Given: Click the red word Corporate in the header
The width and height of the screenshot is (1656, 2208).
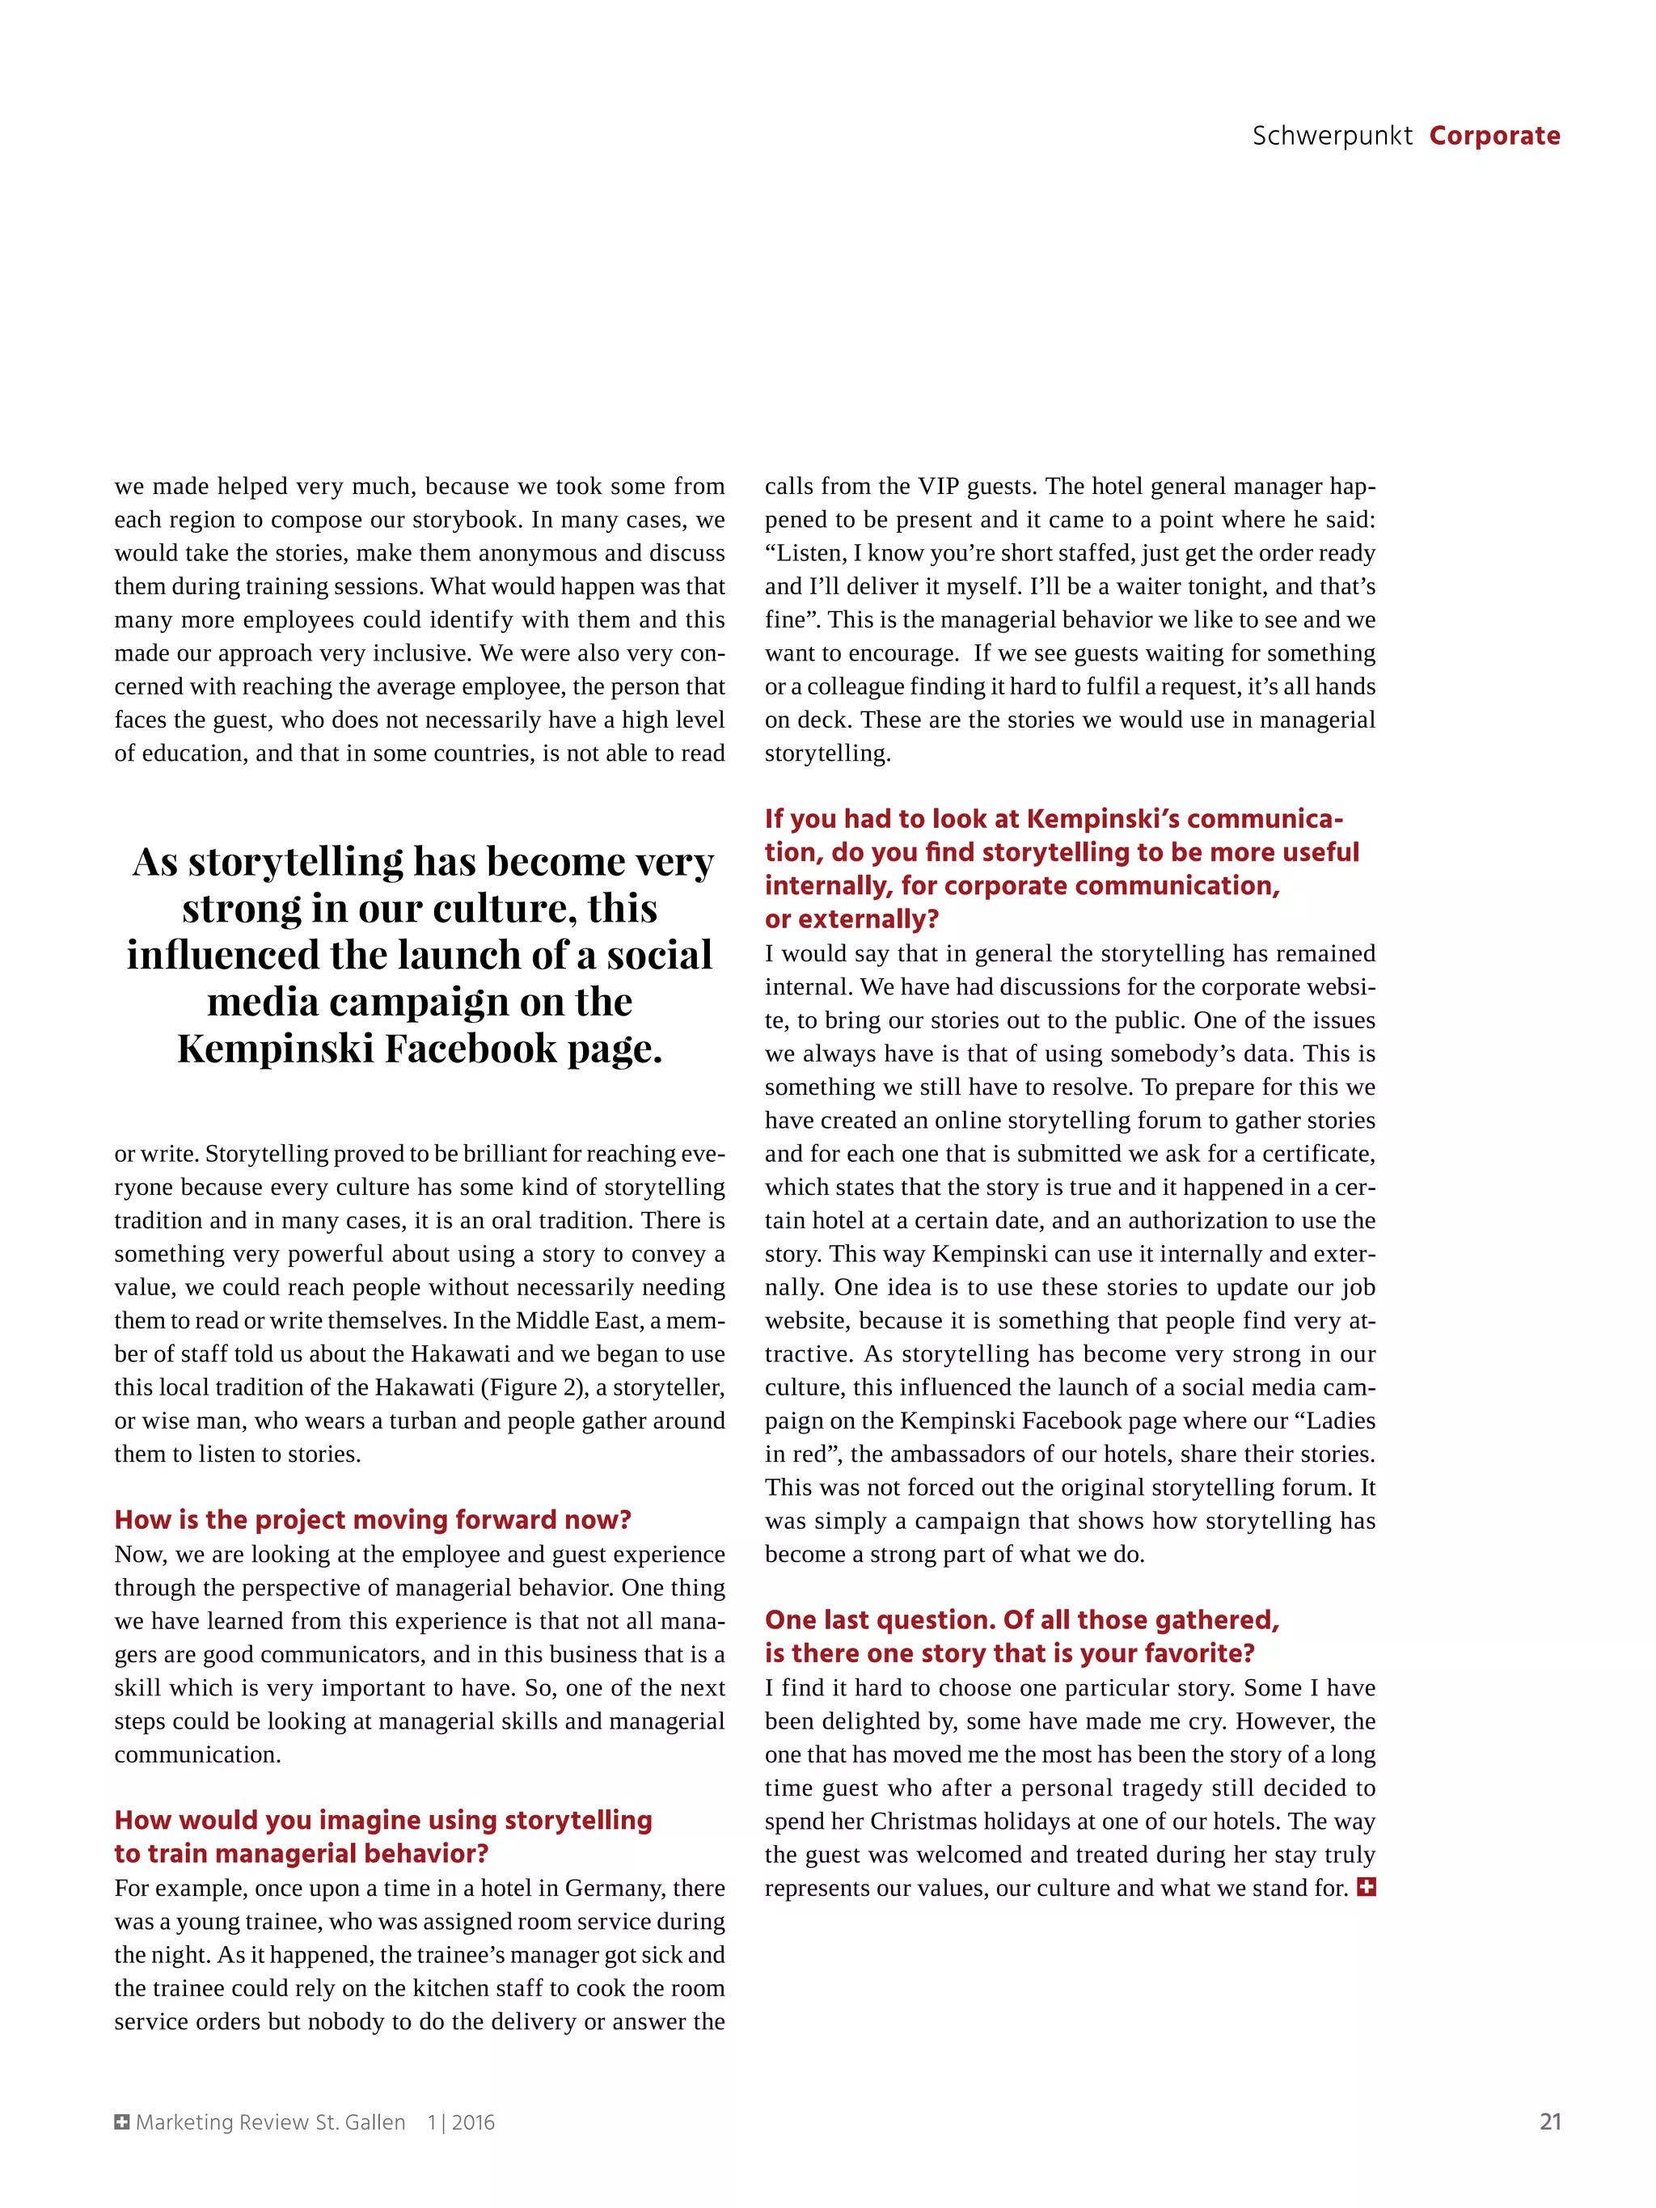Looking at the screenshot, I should [1493, 136].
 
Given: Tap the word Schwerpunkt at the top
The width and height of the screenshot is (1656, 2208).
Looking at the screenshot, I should [1332, 136].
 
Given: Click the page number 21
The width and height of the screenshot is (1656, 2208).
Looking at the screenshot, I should [1549, 2121].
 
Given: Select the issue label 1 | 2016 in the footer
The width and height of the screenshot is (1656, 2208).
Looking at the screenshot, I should [461, 2122].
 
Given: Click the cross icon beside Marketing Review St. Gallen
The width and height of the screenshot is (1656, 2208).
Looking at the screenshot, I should [122, 2122].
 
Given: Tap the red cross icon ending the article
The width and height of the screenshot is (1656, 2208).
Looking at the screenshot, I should [1367, 1886].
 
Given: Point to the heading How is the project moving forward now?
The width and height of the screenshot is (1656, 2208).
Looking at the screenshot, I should [372, 1519].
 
